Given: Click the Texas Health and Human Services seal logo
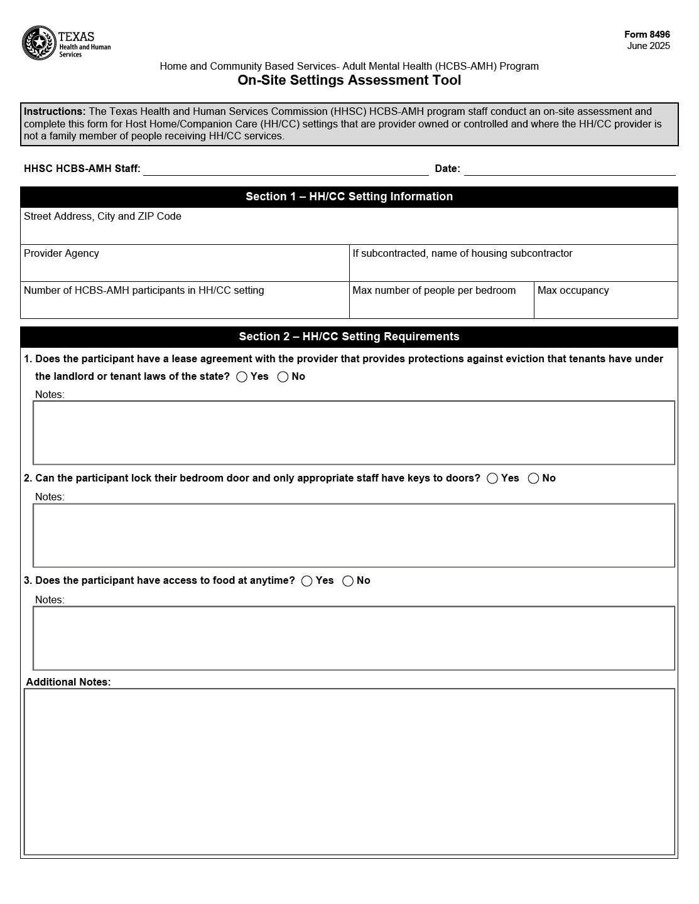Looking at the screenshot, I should (39, 43).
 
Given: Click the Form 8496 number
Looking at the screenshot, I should (647, 35).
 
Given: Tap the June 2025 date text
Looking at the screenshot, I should (648, 46).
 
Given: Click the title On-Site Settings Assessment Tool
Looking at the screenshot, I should (349, 80).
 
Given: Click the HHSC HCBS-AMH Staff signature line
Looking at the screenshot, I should (286, 169).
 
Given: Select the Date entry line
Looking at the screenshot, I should (570, 169).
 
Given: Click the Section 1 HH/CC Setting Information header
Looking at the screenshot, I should (349, 196).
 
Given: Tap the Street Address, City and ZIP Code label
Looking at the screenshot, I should (102, 217).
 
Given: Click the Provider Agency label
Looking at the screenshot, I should (62, 254).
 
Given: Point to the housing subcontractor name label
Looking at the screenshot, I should (462, 254).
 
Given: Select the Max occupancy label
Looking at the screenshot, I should (573, 291).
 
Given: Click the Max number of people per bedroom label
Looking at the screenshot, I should (434, 291).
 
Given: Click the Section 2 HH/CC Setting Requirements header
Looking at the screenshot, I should (349, 336).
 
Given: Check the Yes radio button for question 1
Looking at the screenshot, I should (242, 377).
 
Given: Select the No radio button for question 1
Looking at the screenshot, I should (283, 377).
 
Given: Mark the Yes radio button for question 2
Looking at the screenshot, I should (492, 478).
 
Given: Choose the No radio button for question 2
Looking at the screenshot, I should (534, 478).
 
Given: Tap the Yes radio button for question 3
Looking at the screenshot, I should (307, 581).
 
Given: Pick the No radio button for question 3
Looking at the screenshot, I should (348, 581).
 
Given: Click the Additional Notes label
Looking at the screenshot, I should (68, 682).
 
